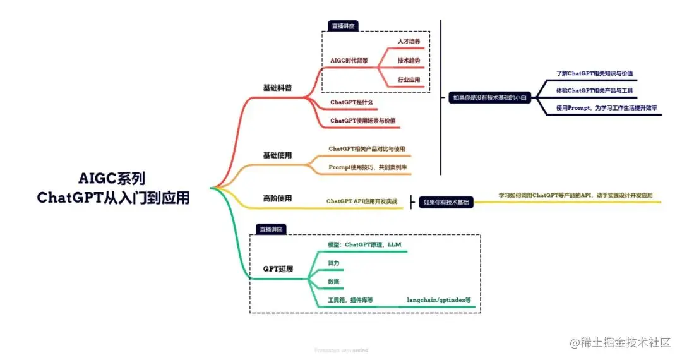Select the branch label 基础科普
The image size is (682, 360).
tap(277, 88)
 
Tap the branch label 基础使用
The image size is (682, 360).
tap(277, 155)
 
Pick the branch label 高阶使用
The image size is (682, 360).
tap(277, 198)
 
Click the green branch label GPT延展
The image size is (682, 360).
tap(278, 268)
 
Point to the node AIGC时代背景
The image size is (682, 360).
tap(349, 61)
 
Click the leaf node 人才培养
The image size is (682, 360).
tap(409, 41)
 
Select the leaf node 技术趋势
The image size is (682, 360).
tap(409, 61)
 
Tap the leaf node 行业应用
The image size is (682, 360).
tap(409, 80)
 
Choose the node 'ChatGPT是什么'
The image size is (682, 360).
tap(353, 102)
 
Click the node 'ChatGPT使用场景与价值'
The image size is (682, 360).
tap(368, 121)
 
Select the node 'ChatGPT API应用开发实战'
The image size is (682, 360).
tap(362, 201)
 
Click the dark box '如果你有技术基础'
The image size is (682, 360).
tap(446, 202)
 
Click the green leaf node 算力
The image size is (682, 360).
tap(333, 263)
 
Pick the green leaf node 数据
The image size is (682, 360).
tap(333, 281)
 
